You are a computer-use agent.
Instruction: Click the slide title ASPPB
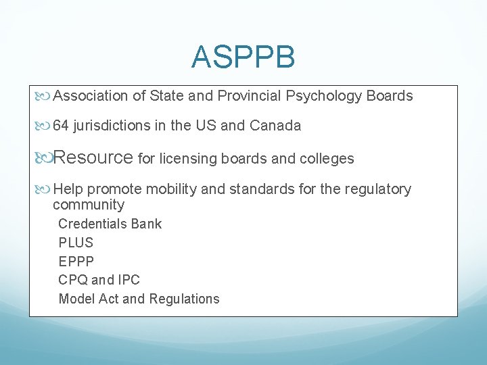click(243, 57)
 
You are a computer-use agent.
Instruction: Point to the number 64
click(60, 126)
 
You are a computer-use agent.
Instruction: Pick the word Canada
click(275, 126)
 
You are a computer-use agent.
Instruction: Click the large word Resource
click(93, 158)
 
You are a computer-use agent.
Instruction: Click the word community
click(89, 205)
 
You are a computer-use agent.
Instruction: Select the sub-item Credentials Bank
click(110, 224)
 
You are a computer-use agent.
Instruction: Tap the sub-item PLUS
click(76, 243)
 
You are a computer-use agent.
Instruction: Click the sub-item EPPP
click(76, 261)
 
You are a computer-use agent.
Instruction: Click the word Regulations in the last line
click(184, 299)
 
